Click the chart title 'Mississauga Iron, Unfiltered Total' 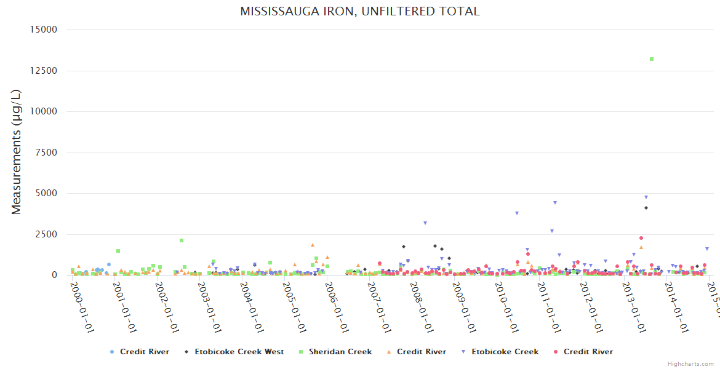[x=360, y=12]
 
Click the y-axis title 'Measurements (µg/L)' [x=17, y=152]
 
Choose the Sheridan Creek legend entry [x=340, y=352]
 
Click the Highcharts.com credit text [x=690, y=364]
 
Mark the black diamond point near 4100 [x=646, y=208]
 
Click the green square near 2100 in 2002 [x=182, y=240]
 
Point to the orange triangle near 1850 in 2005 [x=313, y=245]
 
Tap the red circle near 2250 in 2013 [x=641, y=238]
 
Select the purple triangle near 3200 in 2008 [x=425, y=223]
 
